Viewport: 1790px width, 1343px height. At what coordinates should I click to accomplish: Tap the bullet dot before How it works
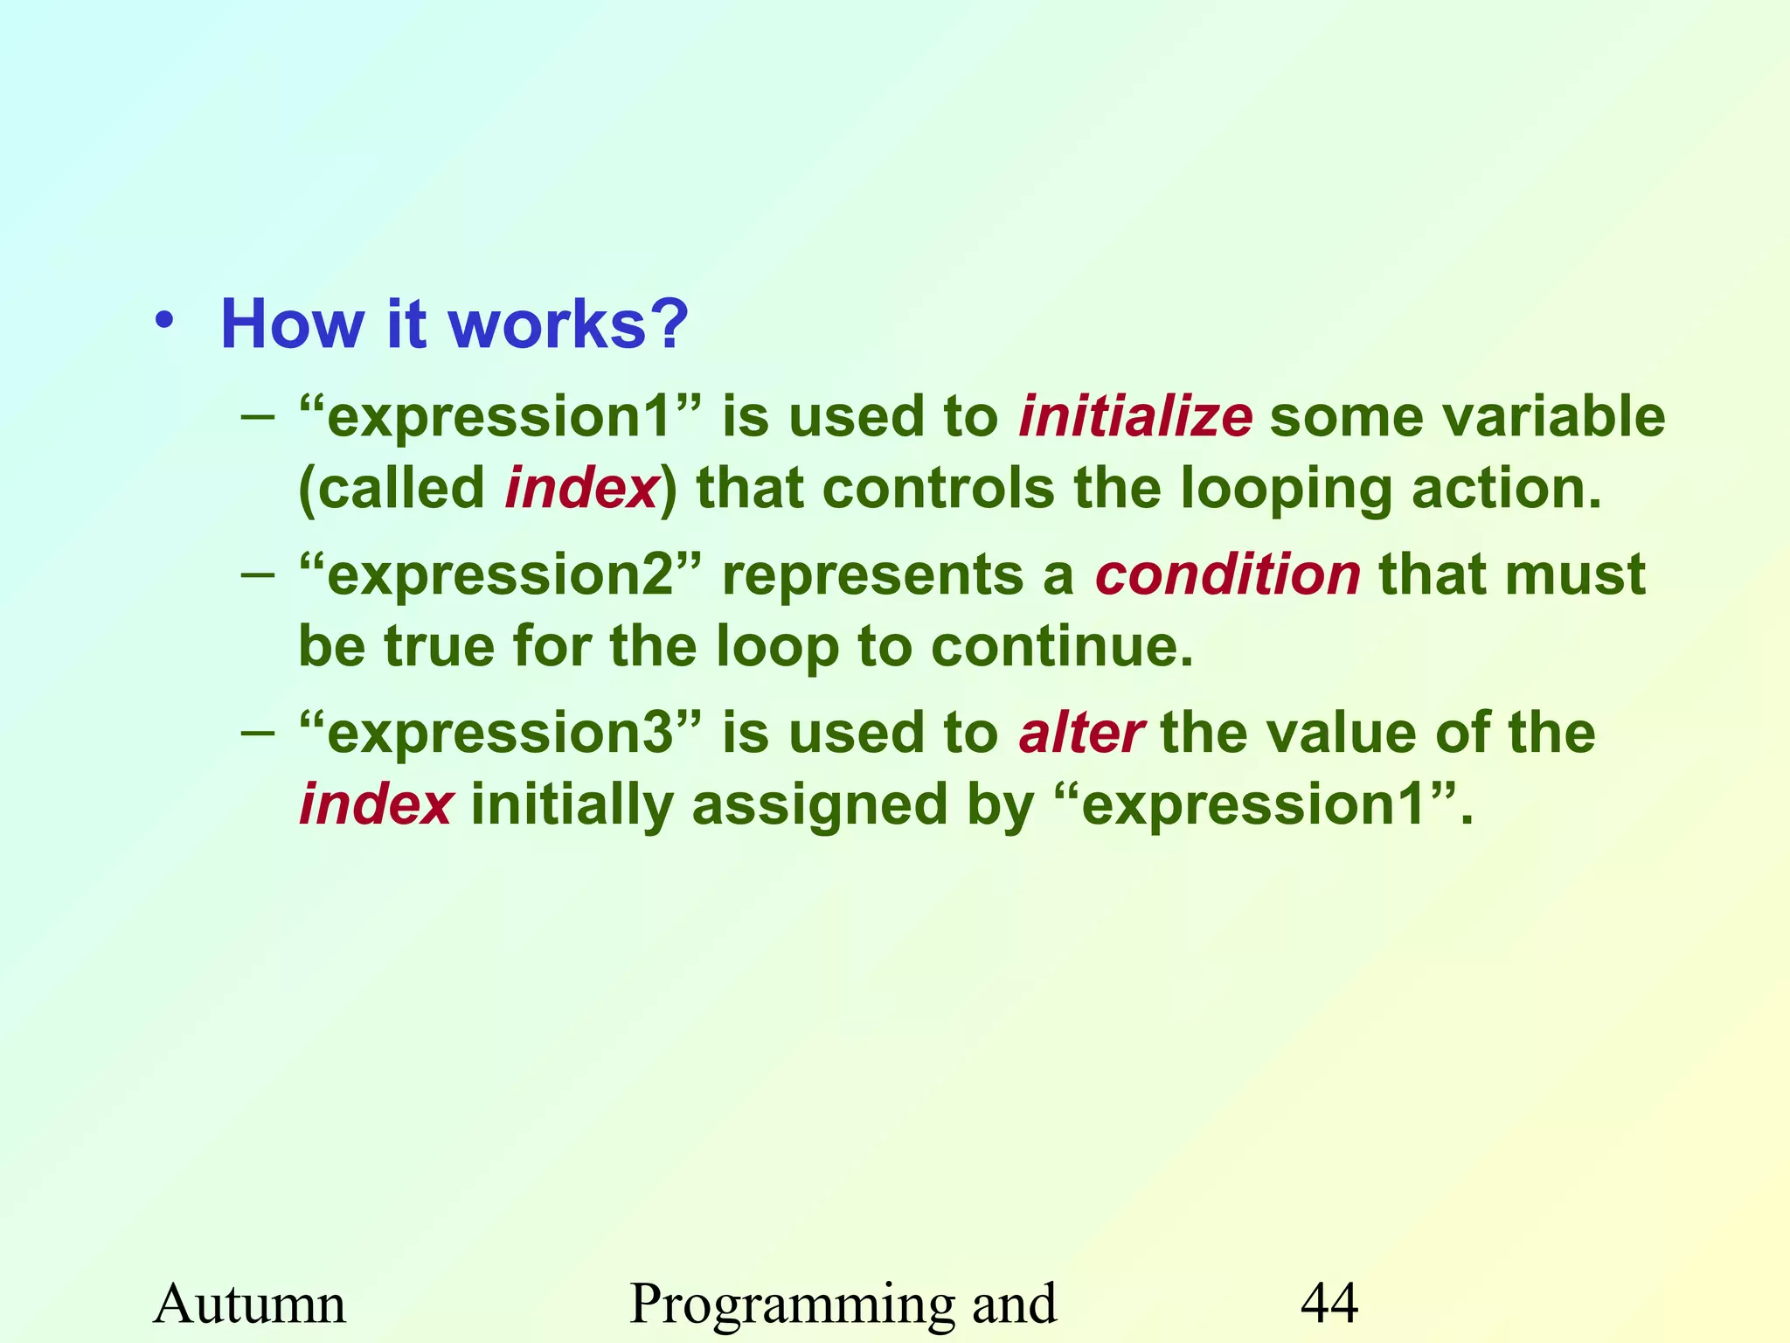click(164, 320)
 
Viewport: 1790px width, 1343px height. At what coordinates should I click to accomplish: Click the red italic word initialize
click(1134, 416)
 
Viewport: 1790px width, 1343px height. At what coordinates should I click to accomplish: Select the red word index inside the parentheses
click(581, 488)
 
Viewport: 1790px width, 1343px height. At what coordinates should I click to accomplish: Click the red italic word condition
click(1227, 575)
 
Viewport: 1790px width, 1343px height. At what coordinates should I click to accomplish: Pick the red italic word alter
click(1080, 733)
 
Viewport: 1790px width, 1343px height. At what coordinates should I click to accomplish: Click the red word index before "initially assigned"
click(376, 804)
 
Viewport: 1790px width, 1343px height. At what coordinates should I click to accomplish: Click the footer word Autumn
click(250, 1305)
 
